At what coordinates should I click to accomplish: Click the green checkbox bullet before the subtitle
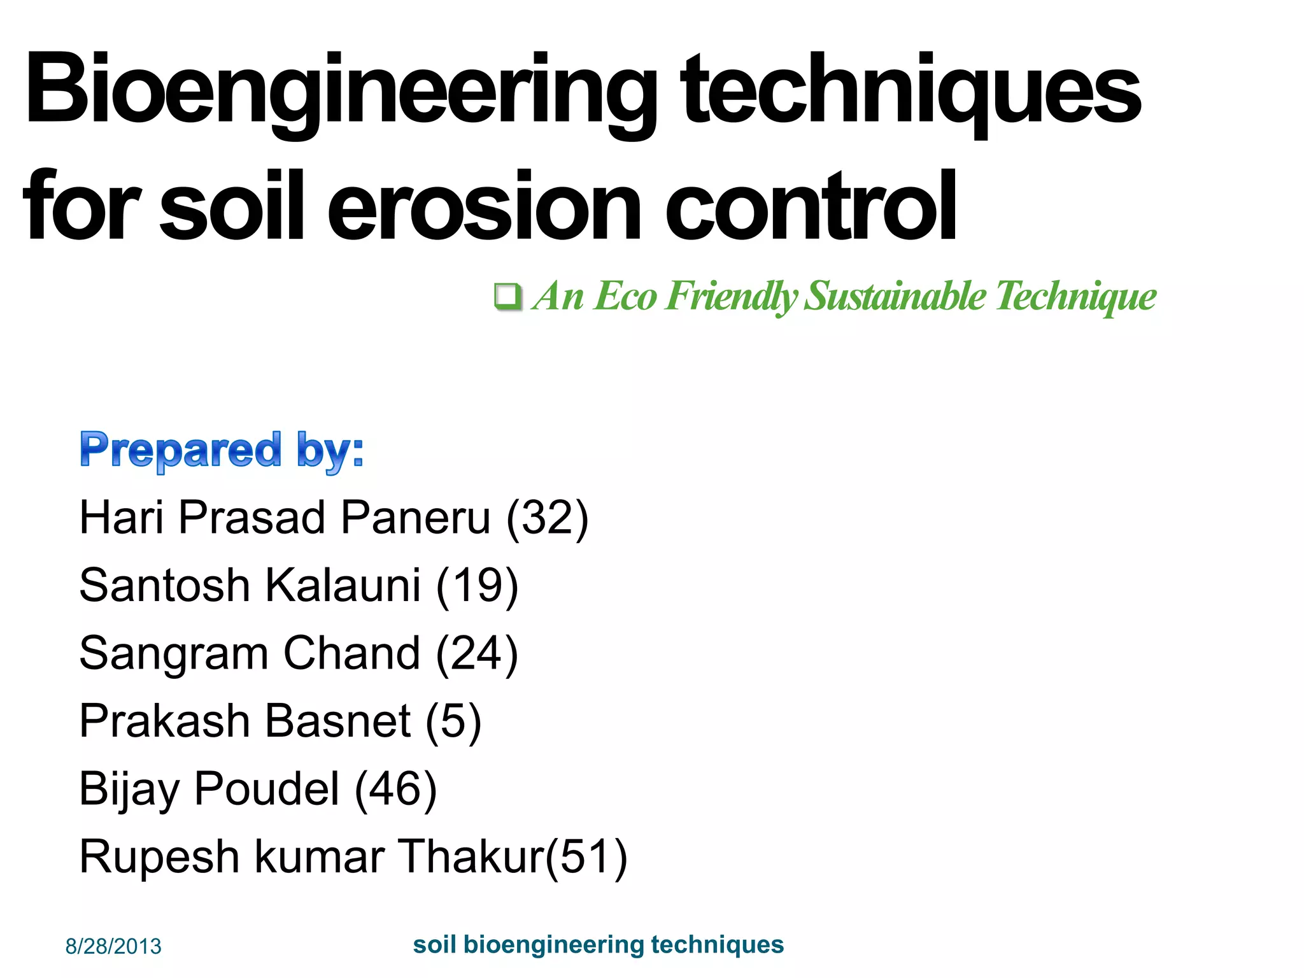(x=507, y=296)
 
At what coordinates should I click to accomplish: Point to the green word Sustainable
(x=895, y=296)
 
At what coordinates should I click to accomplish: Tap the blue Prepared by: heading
(x=222, y=450)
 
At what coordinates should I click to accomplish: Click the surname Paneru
(x=416, y=517)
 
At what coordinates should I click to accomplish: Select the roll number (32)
(x=547, y=517)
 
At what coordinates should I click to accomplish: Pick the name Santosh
(x=164, y=585)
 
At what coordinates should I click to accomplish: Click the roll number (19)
(x=477, y=585)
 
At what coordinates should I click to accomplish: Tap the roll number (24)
(x=477, y=653)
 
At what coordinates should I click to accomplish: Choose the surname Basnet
(x=337, y=721)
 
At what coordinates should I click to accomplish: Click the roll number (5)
(x=453, y=721)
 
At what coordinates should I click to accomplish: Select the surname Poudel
(x=266, y=790)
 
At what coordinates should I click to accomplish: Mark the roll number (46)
(x=395, y=790)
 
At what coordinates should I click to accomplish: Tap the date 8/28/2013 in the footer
(x=113, y=946)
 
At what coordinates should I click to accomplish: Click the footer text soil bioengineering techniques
(x=598, y=944)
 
